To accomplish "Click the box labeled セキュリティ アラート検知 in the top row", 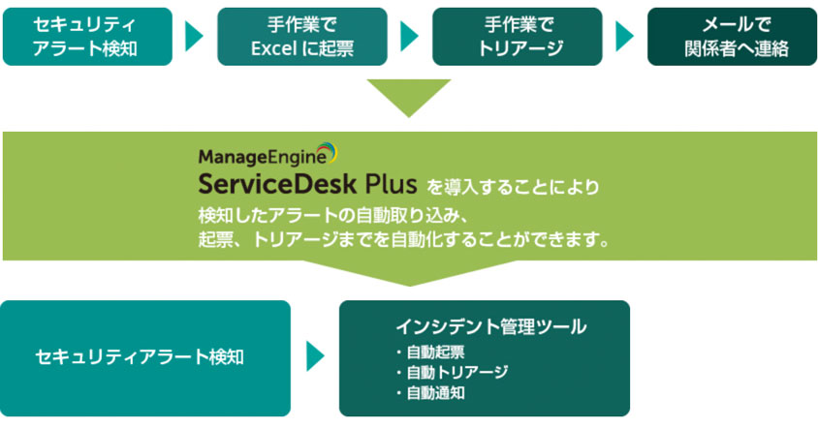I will (87, 37).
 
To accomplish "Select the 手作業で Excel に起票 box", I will (302, 37).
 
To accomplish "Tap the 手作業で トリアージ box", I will (517, 37).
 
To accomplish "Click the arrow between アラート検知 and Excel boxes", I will (194, 37).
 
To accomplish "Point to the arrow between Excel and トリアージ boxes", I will (409, 37).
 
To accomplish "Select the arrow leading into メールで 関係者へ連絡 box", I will (624, 37).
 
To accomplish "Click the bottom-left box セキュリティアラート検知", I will (145, 357).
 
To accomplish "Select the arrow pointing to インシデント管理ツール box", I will (315, 357).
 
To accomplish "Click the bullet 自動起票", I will (433, 352).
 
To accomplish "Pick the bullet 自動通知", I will (433, 393).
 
